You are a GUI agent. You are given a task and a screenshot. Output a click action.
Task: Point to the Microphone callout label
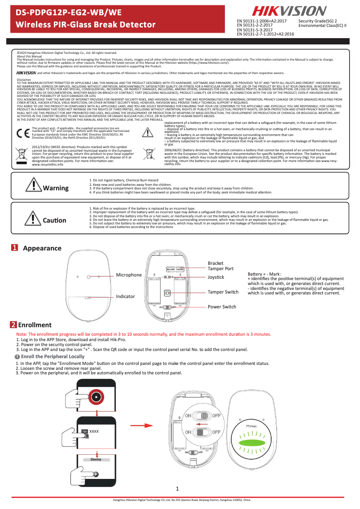[129, 275]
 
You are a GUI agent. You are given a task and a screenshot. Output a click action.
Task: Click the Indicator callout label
[126, 297]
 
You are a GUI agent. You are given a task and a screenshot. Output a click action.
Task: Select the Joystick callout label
[215, 277]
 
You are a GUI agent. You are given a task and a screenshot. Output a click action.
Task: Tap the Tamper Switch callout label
[223, 292]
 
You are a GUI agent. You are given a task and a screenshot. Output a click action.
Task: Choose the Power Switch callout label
[221, 307]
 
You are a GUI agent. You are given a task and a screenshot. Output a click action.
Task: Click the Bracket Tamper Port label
[220, 266]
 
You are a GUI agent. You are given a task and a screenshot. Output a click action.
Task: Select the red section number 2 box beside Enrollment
[14, 325]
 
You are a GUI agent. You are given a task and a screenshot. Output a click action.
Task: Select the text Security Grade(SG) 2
[317, 21]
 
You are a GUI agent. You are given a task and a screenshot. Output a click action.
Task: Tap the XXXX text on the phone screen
[94, 431]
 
